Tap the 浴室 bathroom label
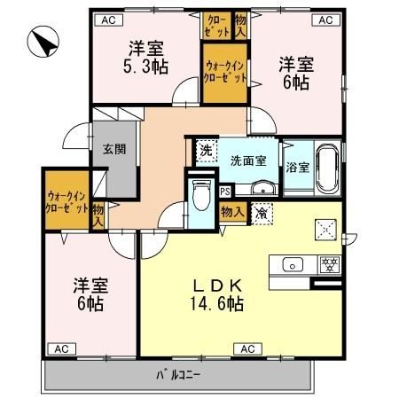click(x=297, y=168)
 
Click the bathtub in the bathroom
click(x=327, y=168)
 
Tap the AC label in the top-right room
click(x=325, y=19)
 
